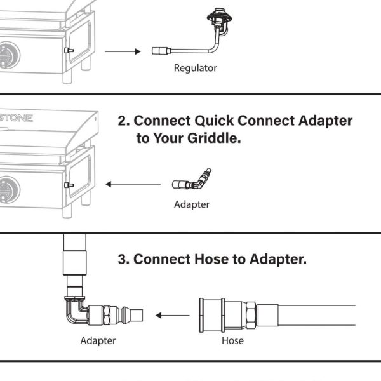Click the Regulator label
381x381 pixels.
click(196, 68)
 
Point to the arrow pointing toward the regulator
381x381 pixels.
click(122, 51)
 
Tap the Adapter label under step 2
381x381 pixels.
click(192, 204)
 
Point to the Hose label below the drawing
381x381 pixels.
click(232, 341)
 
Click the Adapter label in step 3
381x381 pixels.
click(98, 341)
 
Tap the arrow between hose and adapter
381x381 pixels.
click(173, 314)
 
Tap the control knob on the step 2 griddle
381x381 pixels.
click(8, 188)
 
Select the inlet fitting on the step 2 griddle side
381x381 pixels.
click(69, 185)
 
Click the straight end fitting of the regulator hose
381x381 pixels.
click(159, 51)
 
